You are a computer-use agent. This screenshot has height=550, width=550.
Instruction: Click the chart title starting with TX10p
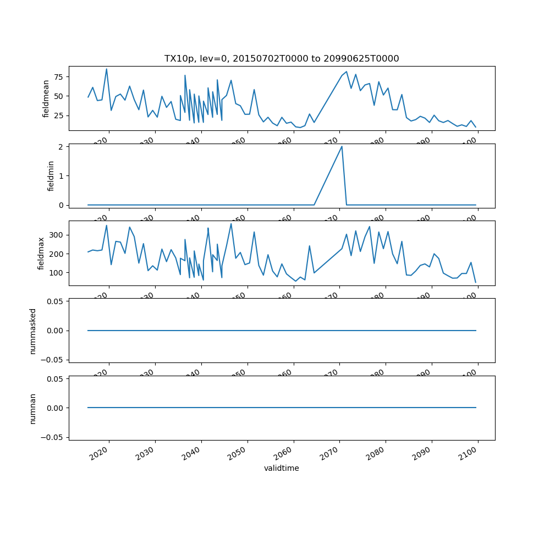click(282, 58)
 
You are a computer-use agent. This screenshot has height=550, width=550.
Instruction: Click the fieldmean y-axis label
click(46, 98)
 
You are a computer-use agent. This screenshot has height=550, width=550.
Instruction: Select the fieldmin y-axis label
click(51, 176)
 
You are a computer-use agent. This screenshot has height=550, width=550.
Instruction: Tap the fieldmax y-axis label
click(41, 254)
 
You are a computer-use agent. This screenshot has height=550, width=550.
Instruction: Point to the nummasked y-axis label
click(32, 331)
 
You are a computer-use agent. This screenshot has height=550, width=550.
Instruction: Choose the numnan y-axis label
click(32, 408)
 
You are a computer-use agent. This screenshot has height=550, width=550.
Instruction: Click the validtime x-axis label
click(282, 469)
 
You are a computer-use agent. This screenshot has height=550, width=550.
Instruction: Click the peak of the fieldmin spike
click(342, 146)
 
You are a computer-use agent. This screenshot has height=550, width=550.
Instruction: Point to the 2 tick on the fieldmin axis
click(62, 146)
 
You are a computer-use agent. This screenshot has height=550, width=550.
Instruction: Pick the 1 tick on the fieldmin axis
click(62, 175)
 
